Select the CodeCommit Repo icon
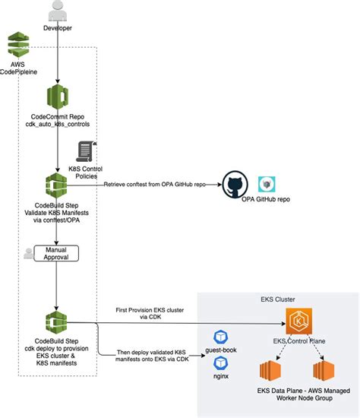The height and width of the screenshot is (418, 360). pos(58,98)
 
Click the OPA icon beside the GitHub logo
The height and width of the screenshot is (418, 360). pos(267,185)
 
